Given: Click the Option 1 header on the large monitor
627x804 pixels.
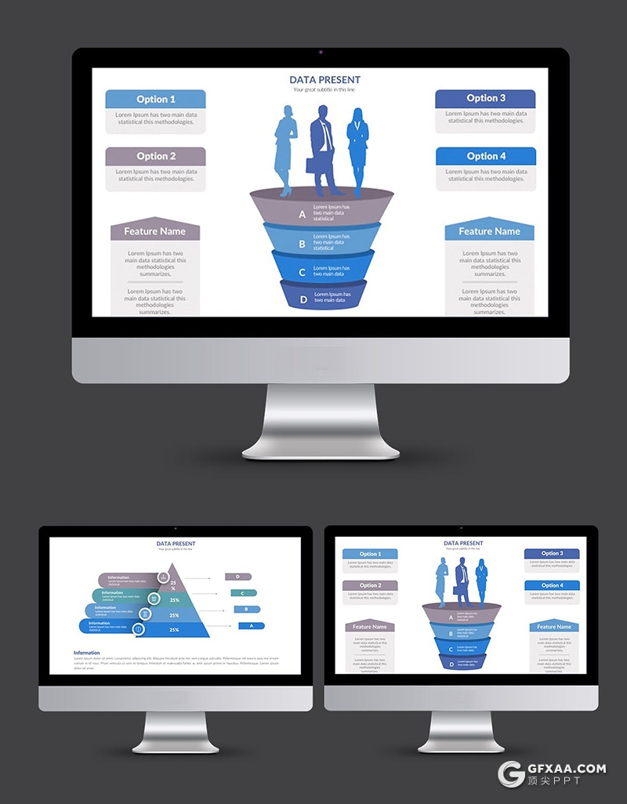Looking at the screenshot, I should [155, 100].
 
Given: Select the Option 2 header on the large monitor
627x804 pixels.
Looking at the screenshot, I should [155, 156].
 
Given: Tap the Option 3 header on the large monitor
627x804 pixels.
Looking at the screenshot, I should [485, 98].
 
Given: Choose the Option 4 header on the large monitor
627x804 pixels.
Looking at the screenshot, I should [486, 156].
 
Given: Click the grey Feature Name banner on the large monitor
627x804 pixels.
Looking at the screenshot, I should [155, 231].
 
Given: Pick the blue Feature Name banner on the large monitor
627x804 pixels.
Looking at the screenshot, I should [489, 231].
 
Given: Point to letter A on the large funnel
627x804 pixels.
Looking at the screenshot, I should [302, 214].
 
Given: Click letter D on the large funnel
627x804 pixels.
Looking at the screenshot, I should [303, 299].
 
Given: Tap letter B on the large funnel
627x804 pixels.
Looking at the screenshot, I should [302, 244].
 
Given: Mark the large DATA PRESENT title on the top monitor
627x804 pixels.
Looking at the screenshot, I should [324, 80].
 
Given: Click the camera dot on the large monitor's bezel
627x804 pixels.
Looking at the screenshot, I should [321, 53].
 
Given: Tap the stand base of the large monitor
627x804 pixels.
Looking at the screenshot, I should [321, 451].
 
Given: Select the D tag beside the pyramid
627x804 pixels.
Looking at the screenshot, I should [237, 577].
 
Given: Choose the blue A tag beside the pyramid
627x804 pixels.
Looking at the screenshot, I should [252, 626].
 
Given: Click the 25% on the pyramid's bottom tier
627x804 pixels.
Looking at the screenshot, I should [174, 629].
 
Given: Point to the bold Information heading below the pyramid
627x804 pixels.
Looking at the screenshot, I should [86, 653].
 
